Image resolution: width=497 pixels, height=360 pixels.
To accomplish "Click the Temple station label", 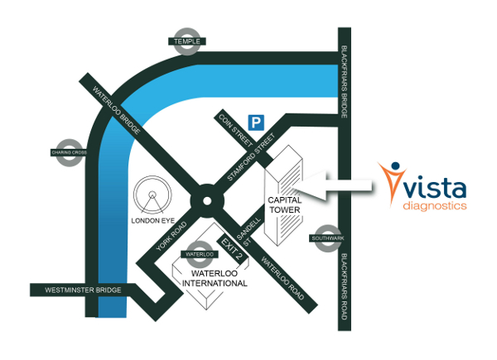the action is point(187,41).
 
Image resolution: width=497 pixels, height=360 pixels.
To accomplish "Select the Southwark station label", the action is point(328,238).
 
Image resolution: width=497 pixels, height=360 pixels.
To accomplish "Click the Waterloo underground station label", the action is point(200,254).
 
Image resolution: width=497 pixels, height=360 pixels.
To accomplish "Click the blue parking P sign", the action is point(256,122).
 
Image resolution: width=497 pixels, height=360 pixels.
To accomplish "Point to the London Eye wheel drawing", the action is point(152,194).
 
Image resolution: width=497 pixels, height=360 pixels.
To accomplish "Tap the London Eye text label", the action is point(153,221).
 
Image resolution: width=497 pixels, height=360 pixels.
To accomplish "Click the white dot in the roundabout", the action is point(207,201).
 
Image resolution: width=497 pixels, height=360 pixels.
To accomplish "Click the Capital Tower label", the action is point(285,205).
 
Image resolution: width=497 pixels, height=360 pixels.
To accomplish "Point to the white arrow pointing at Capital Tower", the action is point(333,186).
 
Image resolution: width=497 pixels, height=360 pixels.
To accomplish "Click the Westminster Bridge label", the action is point(83,290).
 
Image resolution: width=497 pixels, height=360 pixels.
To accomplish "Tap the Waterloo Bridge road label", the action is point(116,110).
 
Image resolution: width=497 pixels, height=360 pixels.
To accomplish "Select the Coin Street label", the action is point(236,131).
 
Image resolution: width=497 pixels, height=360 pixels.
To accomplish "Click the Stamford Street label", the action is point(251,157).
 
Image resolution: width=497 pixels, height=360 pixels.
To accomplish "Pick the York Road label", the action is point(171,236).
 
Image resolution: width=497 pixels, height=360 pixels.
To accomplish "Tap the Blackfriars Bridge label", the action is point(345,82).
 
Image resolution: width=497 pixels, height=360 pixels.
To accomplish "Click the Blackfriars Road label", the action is point(345,286).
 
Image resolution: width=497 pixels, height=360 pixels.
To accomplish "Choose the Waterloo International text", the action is point(215,278).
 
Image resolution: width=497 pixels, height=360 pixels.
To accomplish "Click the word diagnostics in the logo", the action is point(435,205).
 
